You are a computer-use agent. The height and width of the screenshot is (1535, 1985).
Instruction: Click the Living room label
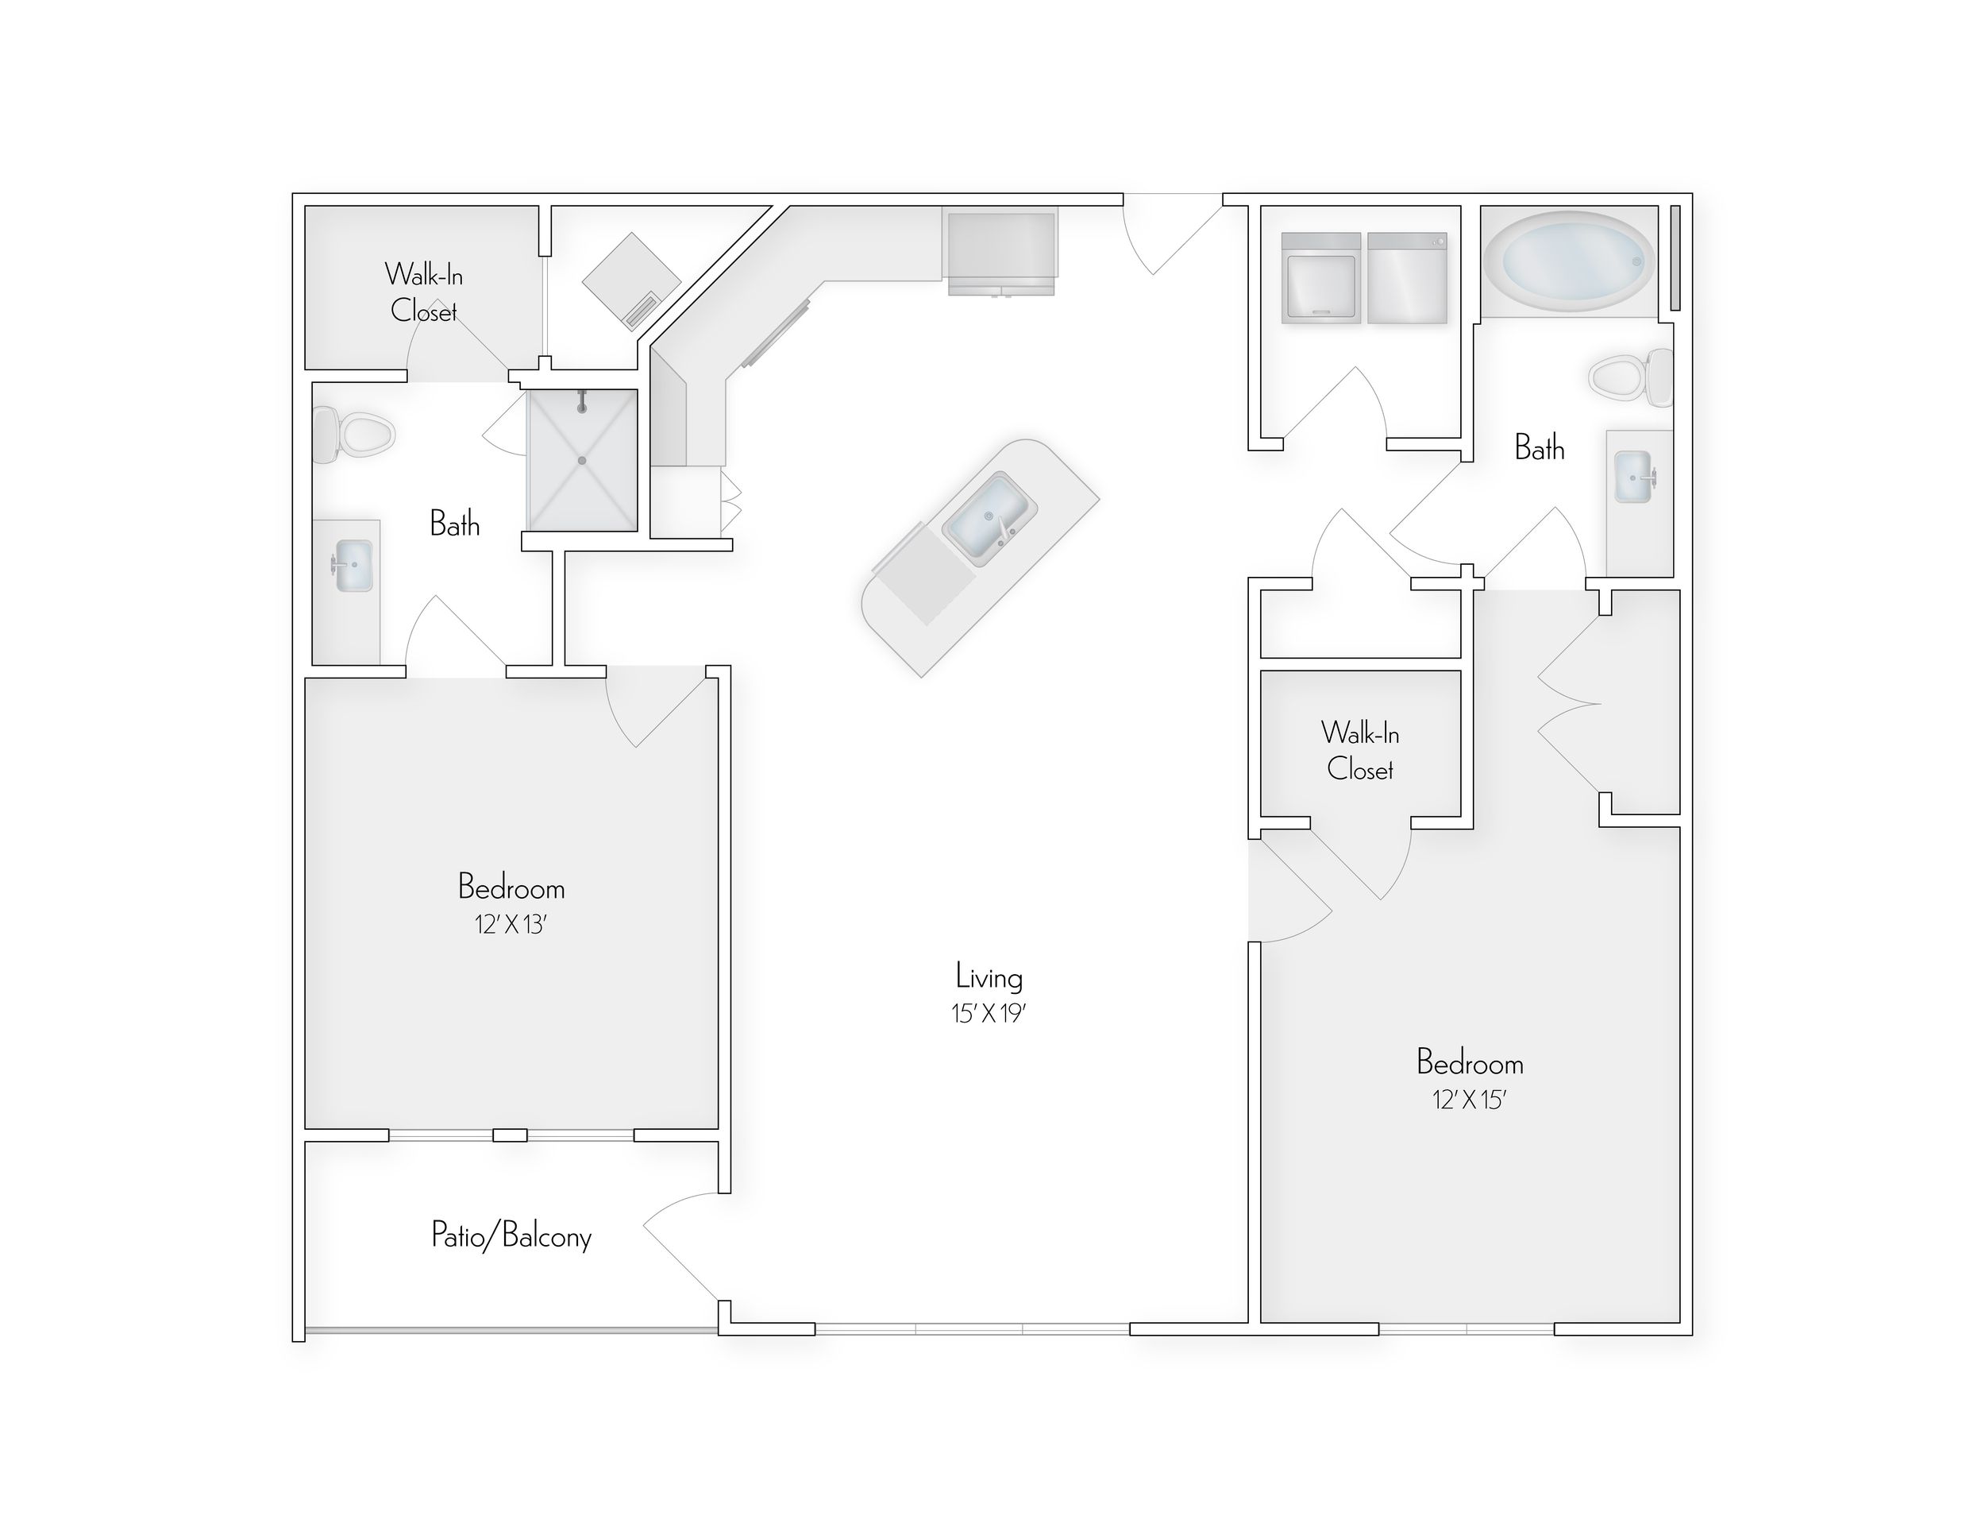point(989,977)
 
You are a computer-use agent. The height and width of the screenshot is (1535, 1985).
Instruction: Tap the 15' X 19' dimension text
point(989,1013)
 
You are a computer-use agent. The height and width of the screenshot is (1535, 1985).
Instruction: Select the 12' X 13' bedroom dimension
point(510,925)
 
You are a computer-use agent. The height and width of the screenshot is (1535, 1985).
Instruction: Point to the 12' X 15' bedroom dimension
point(1470,1100)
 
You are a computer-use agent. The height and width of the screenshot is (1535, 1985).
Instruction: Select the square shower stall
point(583,460)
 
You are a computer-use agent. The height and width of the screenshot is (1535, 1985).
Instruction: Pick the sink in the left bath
point(353,566)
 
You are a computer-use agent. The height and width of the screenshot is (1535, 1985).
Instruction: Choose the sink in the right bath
point(1634,477)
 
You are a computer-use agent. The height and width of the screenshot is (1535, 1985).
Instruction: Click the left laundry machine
point(1320,278)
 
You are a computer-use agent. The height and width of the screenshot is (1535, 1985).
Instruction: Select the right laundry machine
point(1407,278)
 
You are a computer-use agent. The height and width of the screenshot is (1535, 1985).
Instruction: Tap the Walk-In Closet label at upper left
point(423,292)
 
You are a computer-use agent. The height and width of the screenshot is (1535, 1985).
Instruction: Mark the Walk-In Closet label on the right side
point(1359,751)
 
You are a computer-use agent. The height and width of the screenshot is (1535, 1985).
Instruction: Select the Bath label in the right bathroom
point(1539,447)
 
